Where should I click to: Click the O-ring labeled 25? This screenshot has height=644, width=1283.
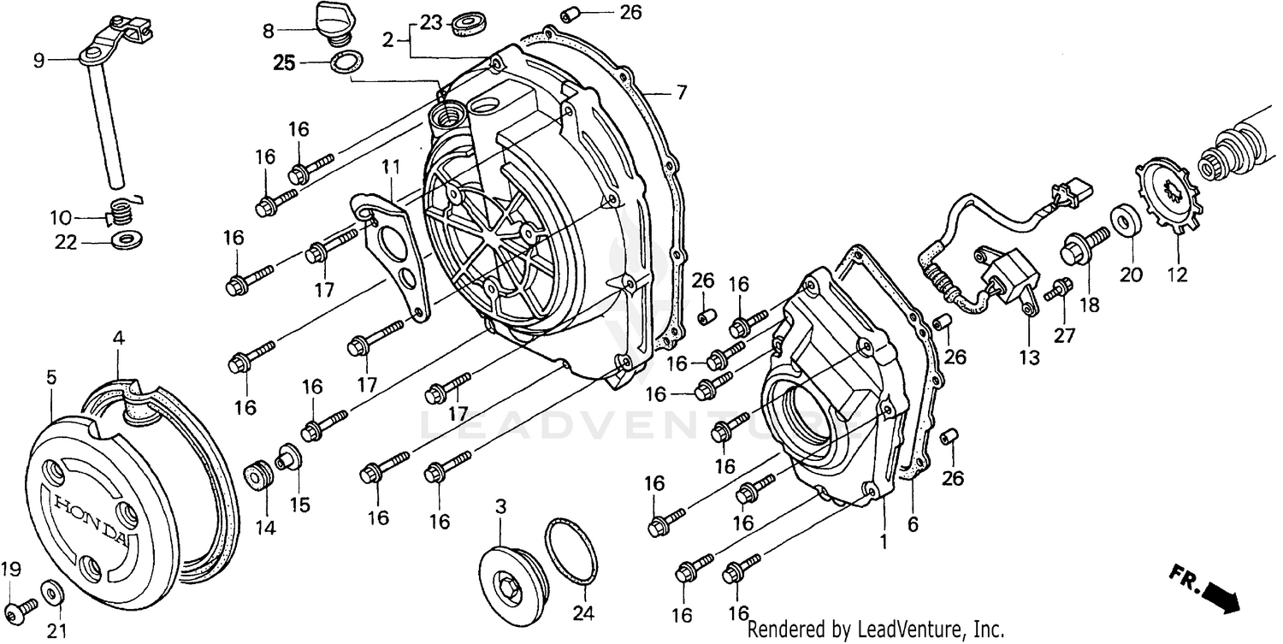pyautogui.click(x=346, y=62)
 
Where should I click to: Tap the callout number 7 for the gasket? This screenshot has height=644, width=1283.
pyautogui.click(x=681, y=93)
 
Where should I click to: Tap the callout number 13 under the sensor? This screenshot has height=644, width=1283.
pyautogui.click(x=1030, y=357)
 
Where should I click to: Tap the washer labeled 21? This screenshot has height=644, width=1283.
pyautogui.click(x=51, y=593)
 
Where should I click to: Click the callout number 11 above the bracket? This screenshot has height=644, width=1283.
pyautogui.click(x=390, y=165)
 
